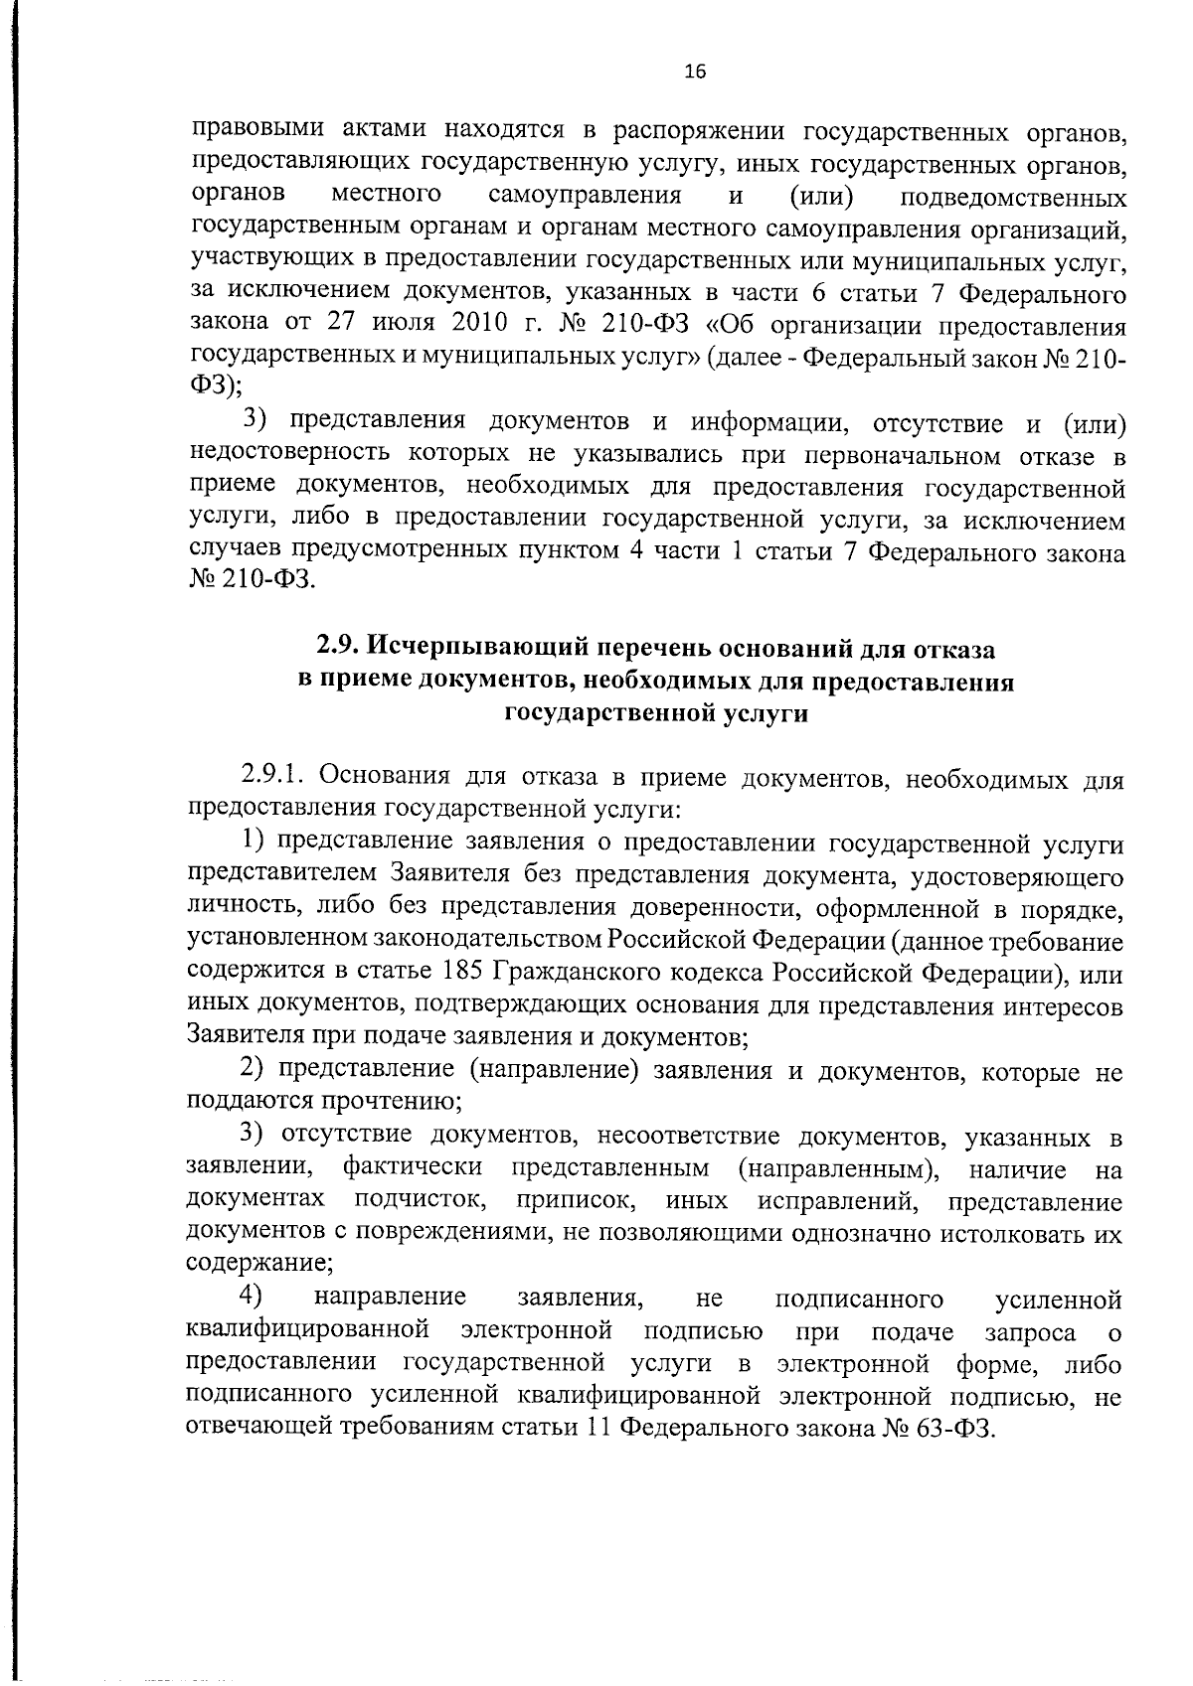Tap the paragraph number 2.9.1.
(275, 775)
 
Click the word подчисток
(420, 1200)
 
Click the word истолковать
(993, 1233)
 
